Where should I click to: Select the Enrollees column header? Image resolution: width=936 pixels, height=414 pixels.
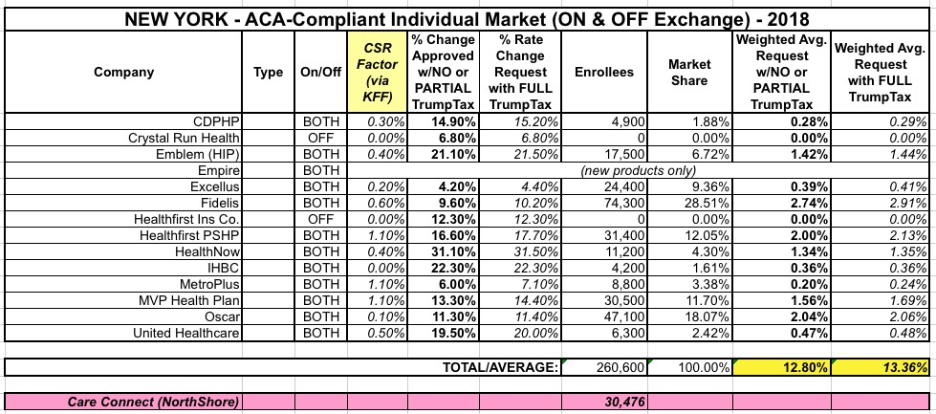pyautogui.click(x=599, y=72)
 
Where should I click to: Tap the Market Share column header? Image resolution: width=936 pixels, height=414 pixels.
pyautogui.click(x=688, y=72)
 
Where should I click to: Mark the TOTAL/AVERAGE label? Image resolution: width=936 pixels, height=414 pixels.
pyautogui.click(x=500, y=365)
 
